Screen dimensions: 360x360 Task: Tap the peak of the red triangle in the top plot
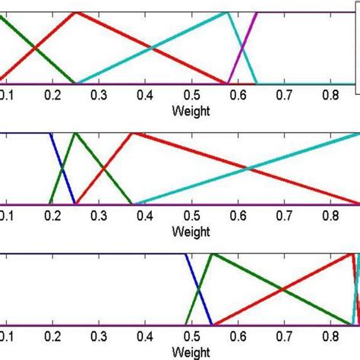[75, 13]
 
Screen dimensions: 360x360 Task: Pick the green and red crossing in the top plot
[35, 49]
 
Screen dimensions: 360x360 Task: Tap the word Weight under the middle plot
[191, 230]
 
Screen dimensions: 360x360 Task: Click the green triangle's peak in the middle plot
[75, 134]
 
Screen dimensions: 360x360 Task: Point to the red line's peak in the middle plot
[133, 134]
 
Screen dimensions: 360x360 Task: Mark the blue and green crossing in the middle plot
[63, 169]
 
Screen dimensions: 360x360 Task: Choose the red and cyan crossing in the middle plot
[246, 169]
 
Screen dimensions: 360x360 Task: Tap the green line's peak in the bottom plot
[210, 254]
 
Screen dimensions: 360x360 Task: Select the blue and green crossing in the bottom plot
[198, 290]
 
